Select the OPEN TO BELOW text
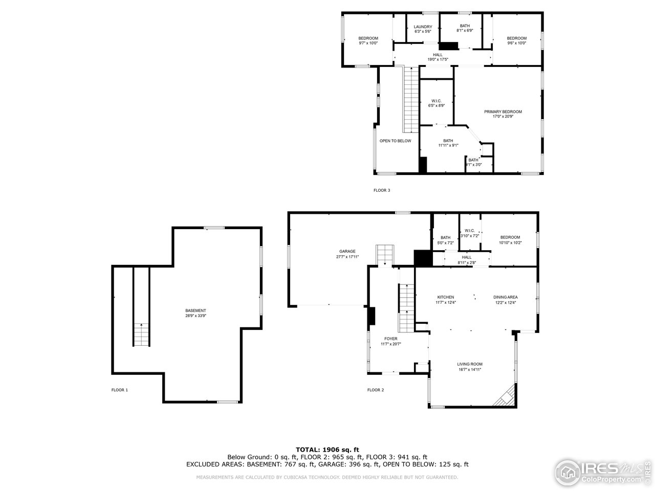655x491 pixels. (395, 141)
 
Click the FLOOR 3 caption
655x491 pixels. (382, 190)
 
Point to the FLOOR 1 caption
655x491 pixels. (120, 390)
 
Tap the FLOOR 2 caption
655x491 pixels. (375, 390)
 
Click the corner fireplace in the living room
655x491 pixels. (505, 397)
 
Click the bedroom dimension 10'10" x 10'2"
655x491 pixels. (510, 243)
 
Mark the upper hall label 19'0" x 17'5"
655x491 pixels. (438, 59)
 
